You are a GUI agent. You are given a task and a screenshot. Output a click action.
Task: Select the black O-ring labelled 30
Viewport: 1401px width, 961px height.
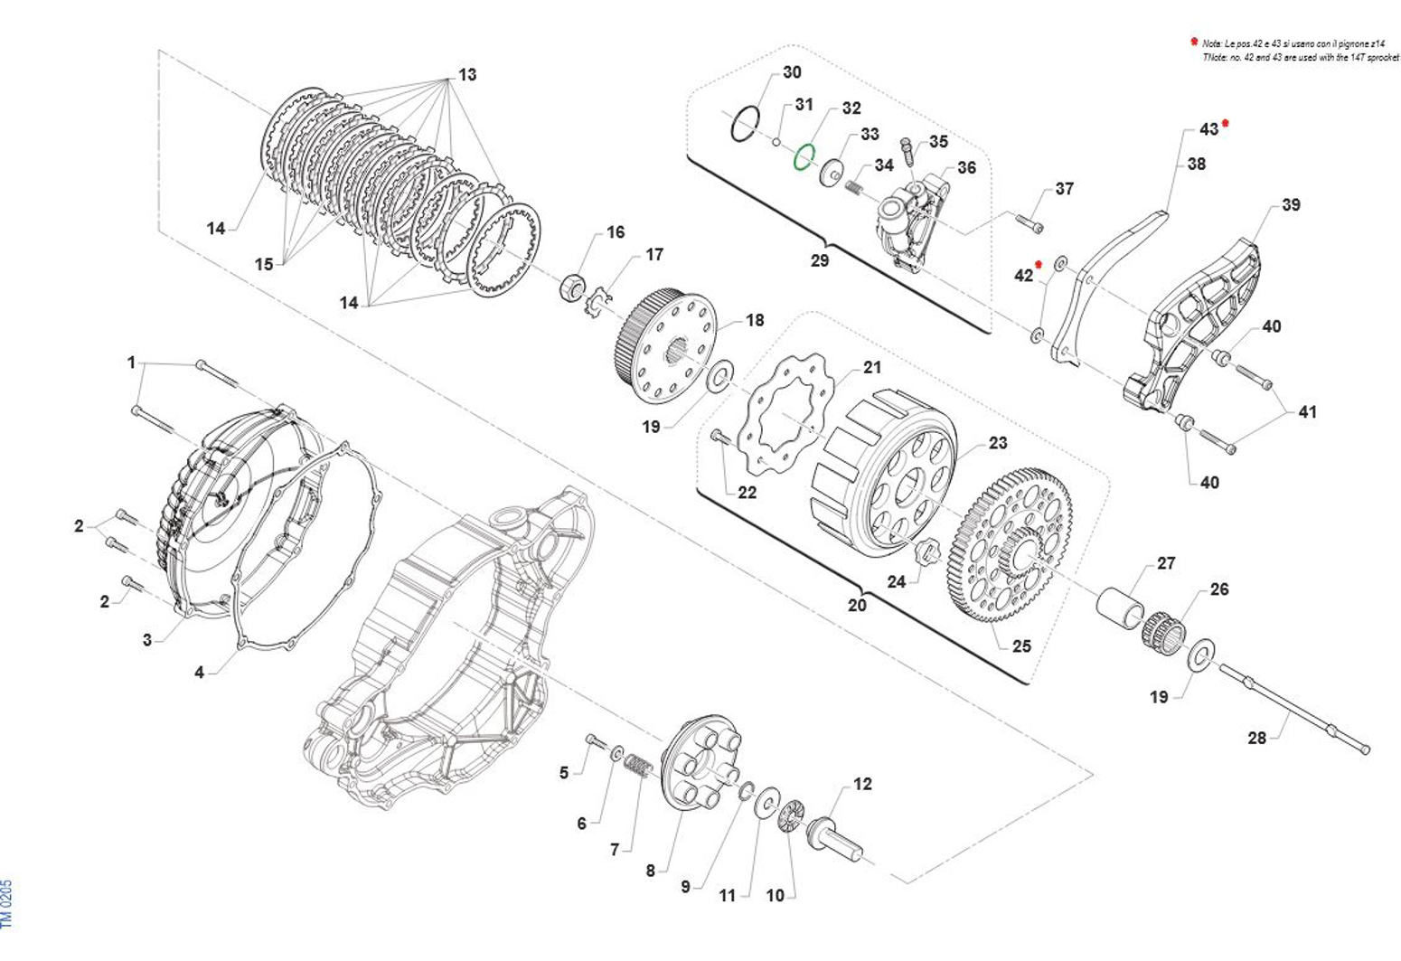[x=746, y=123]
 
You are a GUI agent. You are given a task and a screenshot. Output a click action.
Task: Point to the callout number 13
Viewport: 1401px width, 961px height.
[x=467, y=74]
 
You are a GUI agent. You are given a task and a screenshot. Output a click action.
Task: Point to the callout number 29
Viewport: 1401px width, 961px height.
[x=819, y=260]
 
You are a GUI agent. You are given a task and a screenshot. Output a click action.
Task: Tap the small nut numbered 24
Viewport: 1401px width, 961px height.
[x=924, y=552]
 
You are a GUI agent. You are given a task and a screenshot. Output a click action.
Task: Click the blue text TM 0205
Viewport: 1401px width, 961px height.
[x=7, y=904]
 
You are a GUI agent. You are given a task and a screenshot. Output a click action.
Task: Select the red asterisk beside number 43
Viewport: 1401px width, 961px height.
[x=1226, y=123]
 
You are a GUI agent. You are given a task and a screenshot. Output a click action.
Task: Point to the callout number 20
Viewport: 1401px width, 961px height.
[x=856, y=605]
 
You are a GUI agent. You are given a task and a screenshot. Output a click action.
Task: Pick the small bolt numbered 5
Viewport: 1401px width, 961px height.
[x=597, y=741]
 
